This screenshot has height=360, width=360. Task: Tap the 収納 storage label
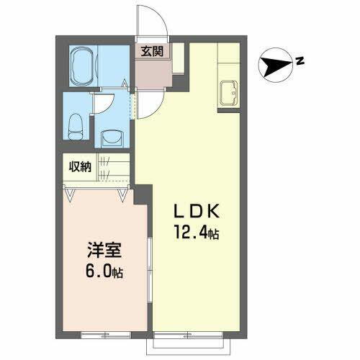tap(80, 167)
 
